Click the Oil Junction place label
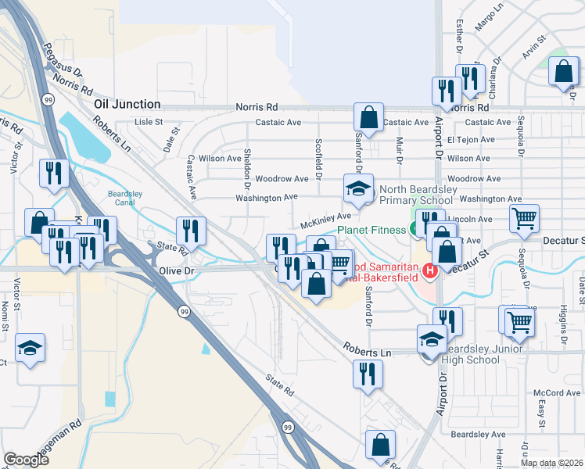pyautogui.click(x=127, y=104)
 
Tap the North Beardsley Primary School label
pyautogui.click(x=422, y=195)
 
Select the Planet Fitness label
pyautogui.click(x=371, y=229)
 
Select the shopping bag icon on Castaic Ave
pyautogui.click(x=368, y=117)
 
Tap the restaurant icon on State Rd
pyautogui.click(x=191, y=230)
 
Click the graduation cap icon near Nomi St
pyautogui.click(x=31, y=347)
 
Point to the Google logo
pyautogui.click(x=26, y=460)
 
